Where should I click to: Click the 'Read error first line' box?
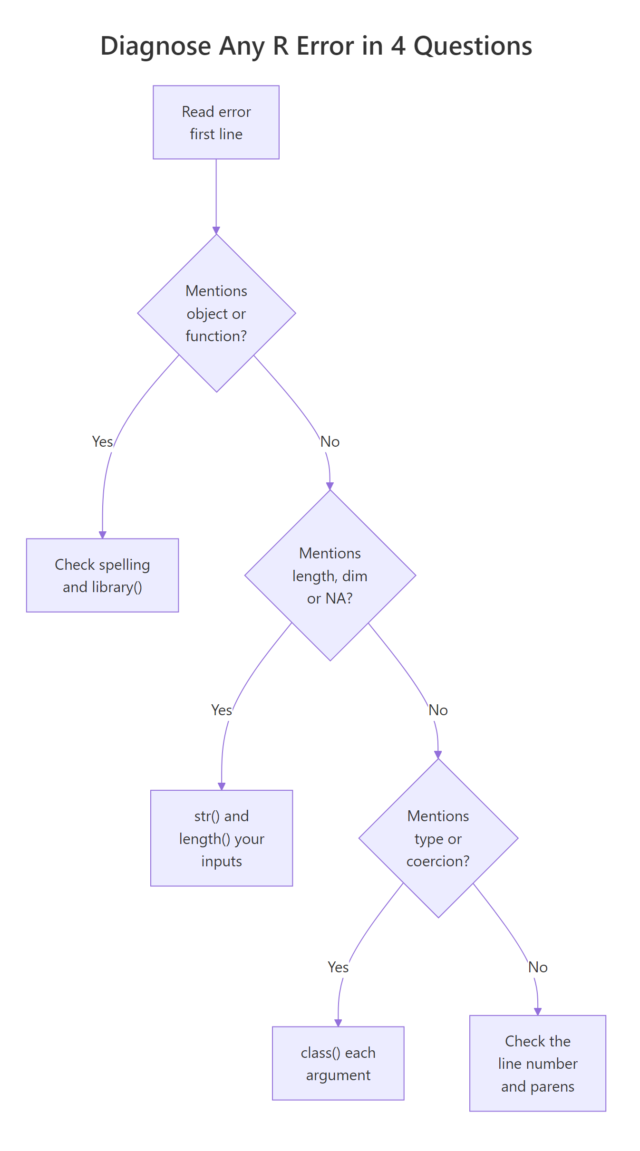(216, 122)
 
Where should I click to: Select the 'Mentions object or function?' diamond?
(216, 313)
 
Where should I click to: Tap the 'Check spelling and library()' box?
(102, 575)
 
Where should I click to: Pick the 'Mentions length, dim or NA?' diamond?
(330, 575)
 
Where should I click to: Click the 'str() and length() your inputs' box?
(221, 838)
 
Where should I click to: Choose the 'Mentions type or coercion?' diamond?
(438, 838)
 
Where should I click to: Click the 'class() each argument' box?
(338, 1063)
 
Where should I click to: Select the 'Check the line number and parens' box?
(537, 1063)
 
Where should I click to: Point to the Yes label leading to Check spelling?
(102, 441)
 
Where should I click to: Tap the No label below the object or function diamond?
(330, 441)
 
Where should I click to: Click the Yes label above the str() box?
(221, 710)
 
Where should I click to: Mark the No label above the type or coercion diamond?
(438, 710)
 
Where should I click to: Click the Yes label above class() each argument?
(338, 967)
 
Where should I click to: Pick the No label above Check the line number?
(537, 967)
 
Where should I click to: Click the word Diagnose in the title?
(155, 46)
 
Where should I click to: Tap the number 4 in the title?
(398, 46)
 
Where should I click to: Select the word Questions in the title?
(473, 46)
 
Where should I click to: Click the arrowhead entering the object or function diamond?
(216, 230)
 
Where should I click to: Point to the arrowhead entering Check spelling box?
(102, 535)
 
